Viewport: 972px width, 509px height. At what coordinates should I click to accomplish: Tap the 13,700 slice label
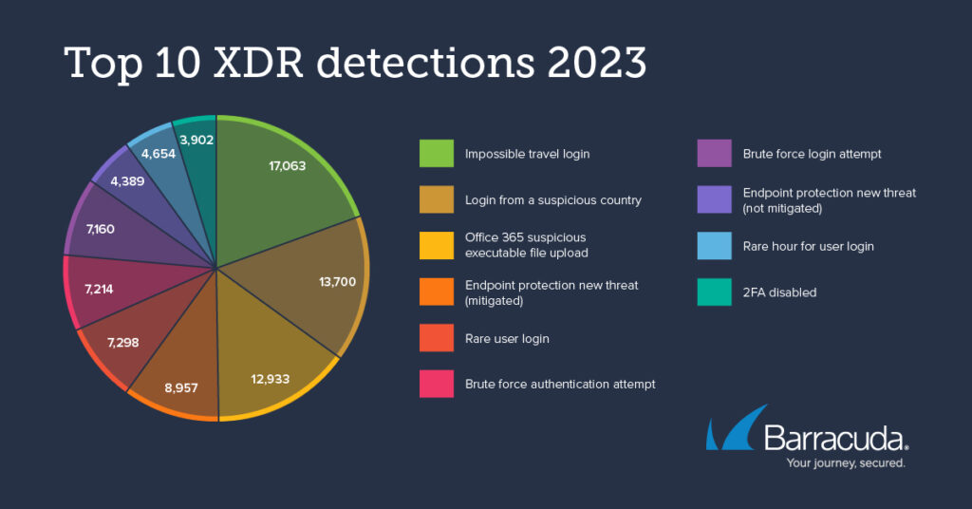337,282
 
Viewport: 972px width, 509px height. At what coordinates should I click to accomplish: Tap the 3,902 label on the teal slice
196,140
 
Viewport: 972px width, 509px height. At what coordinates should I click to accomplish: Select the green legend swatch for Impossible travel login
436,154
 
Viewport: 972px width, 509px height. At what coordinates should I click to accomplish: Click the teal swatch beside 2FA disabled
713,292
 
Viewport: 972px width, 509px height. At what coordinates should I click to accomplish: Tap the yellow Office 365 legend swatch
436,246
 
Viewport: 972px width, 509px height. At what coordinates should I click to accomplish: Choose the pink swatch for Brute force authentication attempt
436,385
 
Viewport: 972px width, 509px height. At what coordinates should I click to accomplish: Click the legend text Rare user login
507,339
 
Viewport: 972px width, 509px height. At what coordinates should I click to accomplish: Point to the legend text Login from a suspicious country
553,200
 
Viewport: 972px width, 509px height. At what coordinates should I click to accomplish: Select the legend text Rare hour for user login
809,246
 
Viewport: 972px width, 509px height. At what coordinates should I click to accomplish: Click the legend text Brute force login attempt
813,154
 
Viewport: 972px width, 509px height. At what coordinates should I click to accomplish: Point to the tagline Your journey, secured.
846,463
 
